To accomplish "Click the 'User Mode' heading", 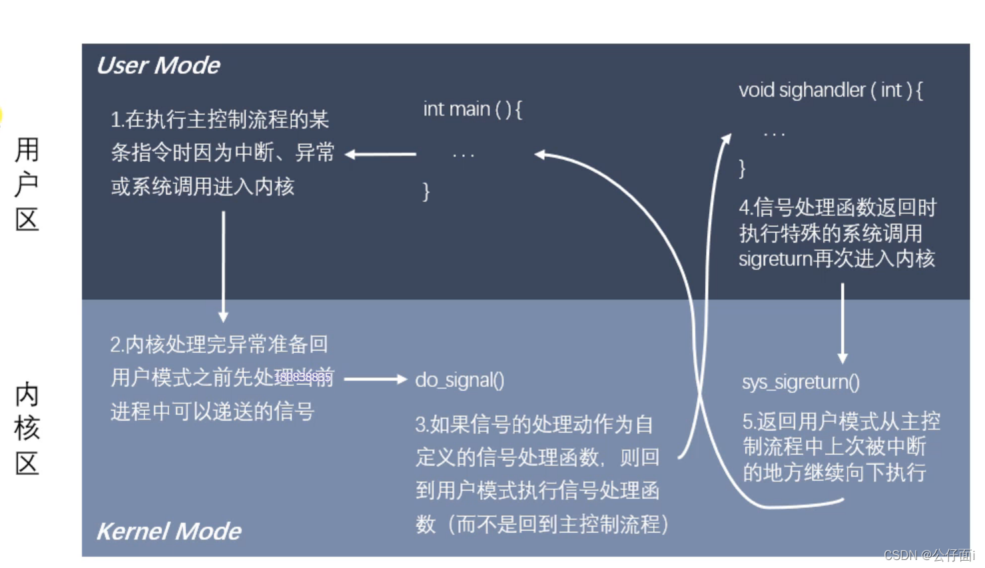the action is coord(159,65).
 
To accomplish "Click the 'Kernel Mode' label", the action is coord(169,531).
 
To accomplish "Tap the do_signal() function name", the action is coord(460,380).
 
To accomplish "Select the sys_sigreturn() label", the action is coord(801,382).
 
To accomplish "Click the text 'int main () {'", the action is coord(472,109).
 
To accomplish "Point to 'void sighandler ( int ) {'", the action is coord(830,90).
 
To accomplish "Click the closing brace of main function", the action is coord(426,192).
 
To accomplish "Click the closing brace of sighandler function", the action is coord(742,168).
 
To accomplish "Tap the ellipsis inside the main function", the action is coord(463,156).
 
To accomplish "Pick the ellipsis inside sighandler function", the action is coord(774,135).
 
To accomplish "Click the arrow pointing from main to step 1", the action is coord(381,154).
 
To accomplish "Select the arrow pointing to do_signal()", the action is coord(375,379).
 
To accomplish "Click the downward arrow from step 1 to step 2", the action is coord(223,267).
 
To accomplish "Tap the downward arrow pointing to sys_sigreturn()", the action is coord(842,323).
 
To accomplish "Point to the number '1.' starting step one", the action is coord(117,120).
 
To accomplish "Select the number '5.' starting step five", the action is coord(749,421).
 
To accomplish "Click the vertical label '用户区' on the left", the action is coord(27,184).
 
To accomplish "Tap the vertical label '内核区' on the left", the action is coord(27,428).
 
